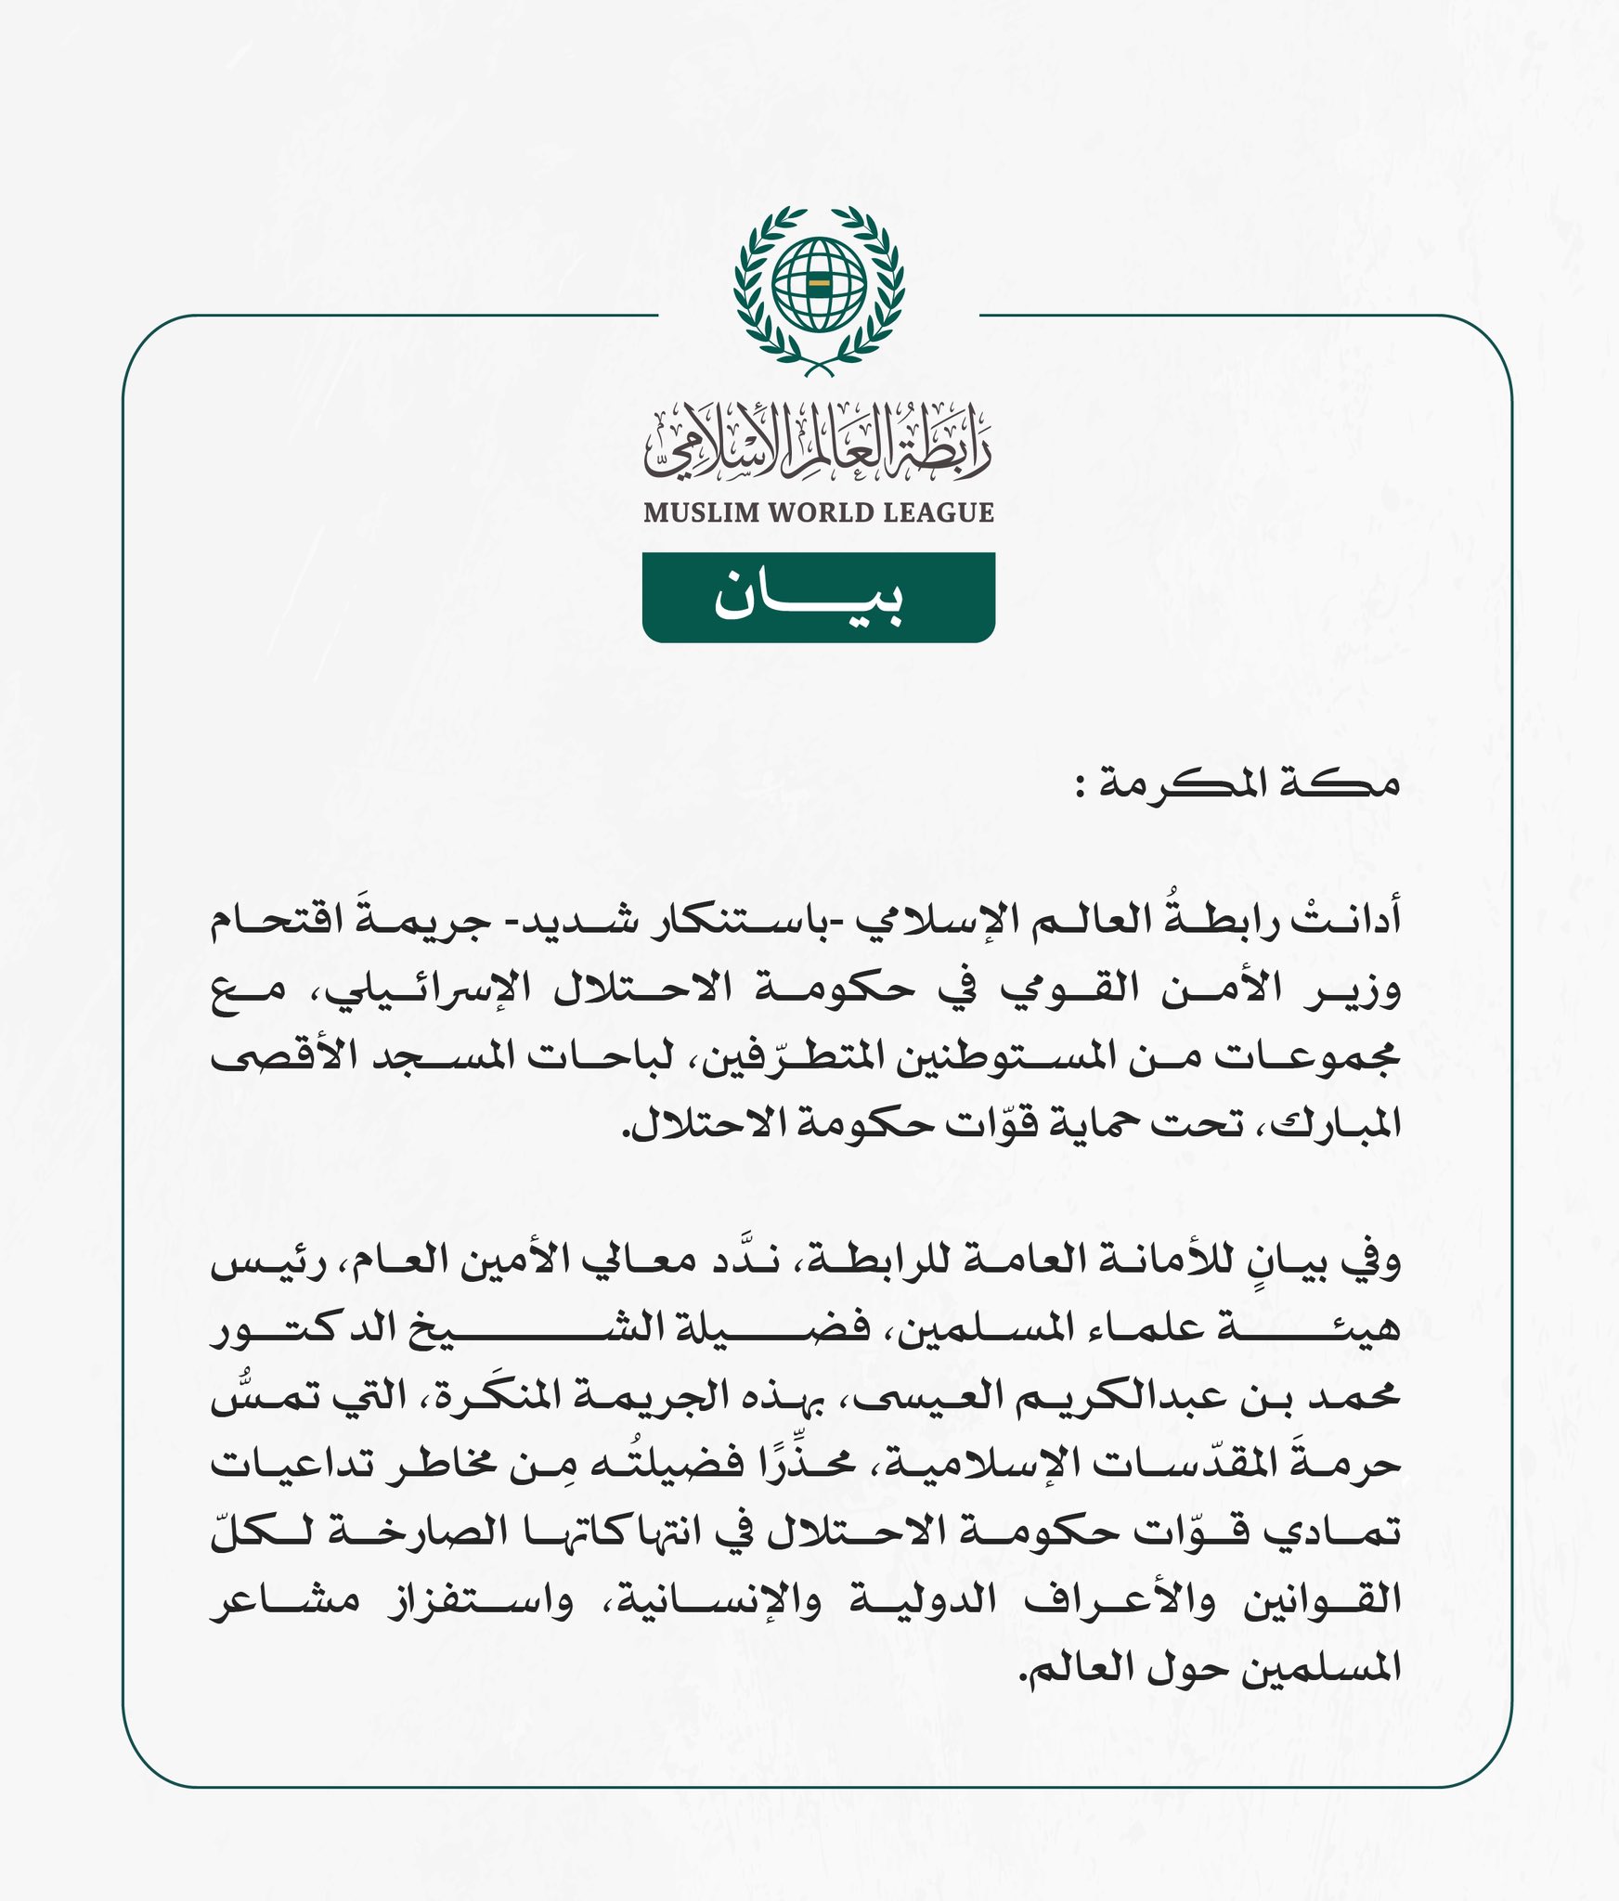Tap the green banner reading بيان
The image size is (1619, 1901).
tap(819, 597)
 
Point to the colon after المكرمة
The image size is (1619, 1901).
tap(1081, 789)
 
